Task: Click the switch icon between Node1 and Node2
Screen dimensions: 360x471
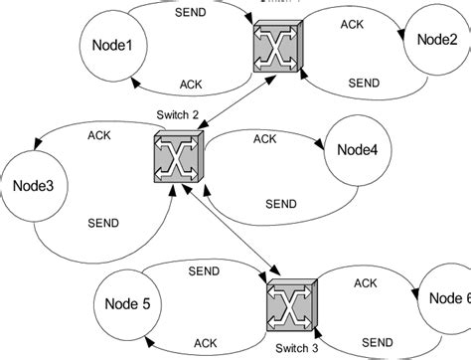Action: click(274, 45)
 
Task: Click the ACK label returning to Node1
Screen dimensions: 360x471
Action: click(193, 84)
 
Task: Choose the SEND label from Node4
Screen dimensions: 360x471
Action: click(282, 204)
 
